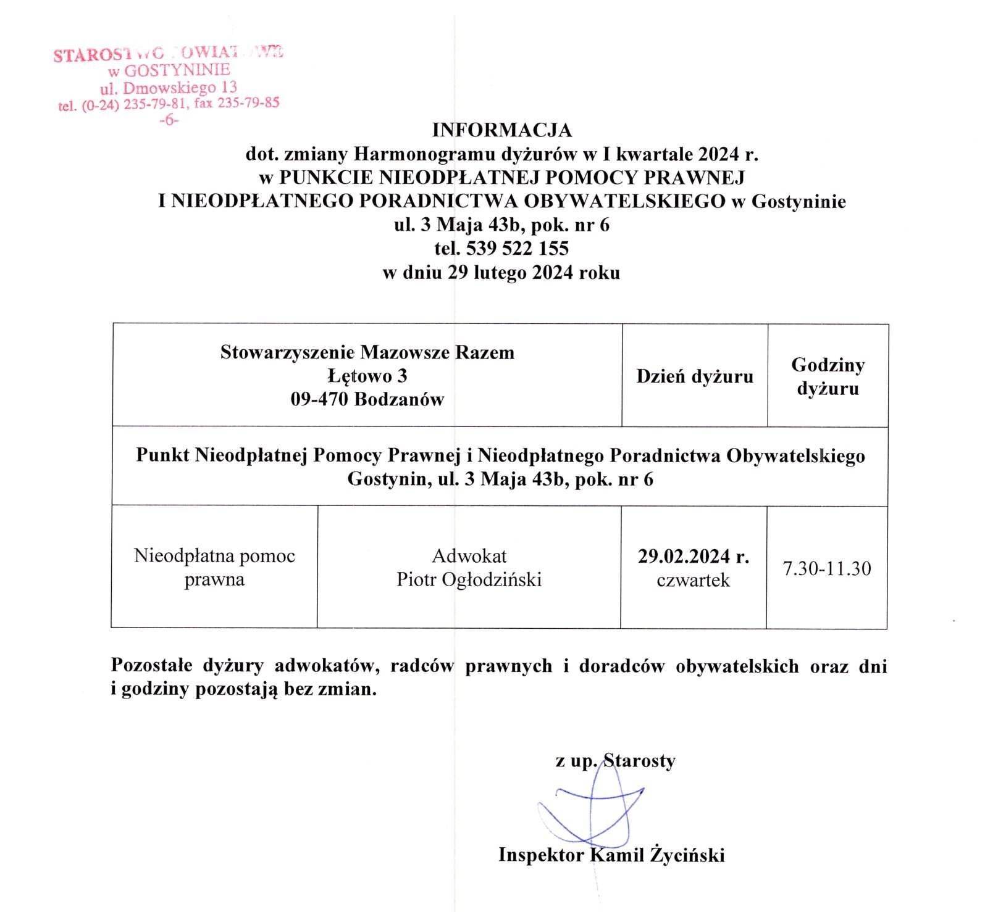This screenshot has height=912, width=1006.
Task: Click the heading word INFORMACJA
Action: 501,131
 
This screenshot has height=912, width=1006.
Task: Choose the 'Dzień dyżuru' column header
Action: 695,376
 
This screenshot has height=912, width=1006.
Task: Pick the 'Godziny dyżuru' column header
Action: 828,376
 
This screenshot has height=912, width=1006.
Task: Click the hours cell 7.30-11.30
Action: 827,568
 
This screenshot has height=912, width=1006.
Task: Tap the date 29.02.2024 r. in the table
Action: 694,557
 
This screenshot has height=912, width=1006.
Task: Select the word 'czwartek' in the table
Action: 694,580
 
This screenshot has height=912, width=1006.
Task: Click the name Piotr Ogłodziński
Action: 469,580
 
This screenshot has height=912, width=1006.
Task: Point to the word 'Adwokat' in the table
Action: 469,557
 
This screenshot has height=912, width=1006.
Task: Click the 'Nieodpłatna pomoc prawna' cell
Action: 214,568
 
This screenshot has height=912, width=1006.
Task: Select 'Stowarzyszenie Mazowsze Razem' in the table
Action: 367,353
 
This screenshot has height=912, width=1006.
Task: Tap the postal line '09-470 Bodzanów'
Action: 367,400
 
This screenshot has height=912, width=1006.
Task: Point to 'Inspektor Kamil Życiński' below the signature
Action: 611,855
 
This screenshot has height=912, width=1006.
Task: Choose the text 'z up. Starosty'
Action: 615,761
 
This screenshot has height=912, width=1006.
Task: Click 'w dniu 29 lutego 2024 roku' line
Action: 501,272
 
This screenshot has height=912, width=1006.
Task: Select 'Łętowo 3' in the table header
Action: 367,376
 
